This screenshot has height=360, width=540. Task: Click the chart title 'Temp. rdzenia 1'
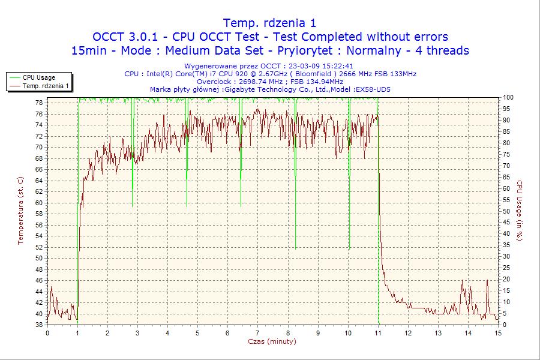pyautogui.click(x=269, y=23)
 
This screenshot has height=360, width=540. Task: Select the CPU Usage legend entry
pyautogui.click(x=39, y=77)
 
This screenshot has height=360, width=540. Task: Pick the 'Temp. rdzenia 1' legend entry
pyautogui.click(x=46, y=86)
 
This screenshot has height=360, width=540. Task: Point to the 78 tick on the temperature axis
pyautogui.click(x=39, y=103)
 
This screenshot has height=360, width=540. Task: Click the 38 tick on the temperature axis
pyautogui.click(x=39, y=325)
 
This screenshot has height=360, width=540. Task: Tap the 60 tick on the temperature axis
pyautogui.click(x=39, y=203)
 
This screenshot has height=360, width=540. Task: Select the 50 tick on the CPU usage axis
pyautogui.click(x=507, y=211)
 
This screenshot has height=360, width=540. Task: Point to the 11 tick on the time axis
pyautogui.click(x=378, y=333)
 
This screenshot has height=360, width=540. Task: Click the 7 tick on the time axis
pyautogui.click(x=257, y=333)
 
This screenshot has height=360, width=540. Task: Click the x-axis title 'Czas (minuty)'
pyautogui.click(x=272, y=341)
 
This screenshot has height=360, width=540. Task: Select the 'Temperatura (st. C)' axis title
pyautogui.click(x=20, y=210)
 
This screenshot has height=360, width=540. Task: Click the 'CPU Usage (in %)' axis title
pyautogui.click(x=520, y=210)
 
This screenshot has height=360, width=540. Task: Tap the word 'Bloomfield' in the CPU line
pyautogui.click(x=307, y=74)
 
